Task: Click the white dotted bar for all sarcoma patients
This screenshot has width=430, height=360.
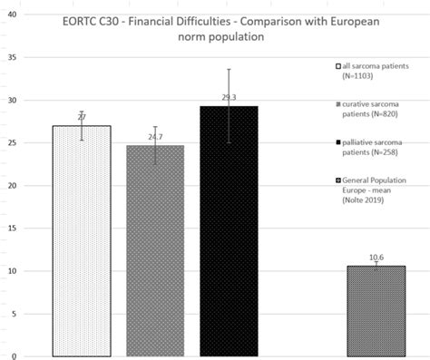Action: coord(83,240)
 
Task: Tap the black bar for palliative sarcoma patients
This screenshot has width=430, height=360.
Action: coord(229,230)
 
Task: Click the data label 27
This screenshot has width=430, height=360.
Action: coord(82,118)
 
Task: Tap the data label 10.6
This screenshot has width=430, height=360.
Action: coord(376,258)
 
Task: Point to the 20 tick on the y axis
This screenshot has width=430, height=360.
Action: coord(12,186)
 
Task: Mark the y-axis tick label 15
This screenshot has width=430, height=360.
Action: coord(12,229)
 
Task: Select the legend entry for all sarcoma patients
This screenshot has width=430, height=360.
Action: coord(372,72)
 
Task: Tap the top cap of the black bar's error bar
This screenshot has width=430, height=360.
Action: coord(229,69)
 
